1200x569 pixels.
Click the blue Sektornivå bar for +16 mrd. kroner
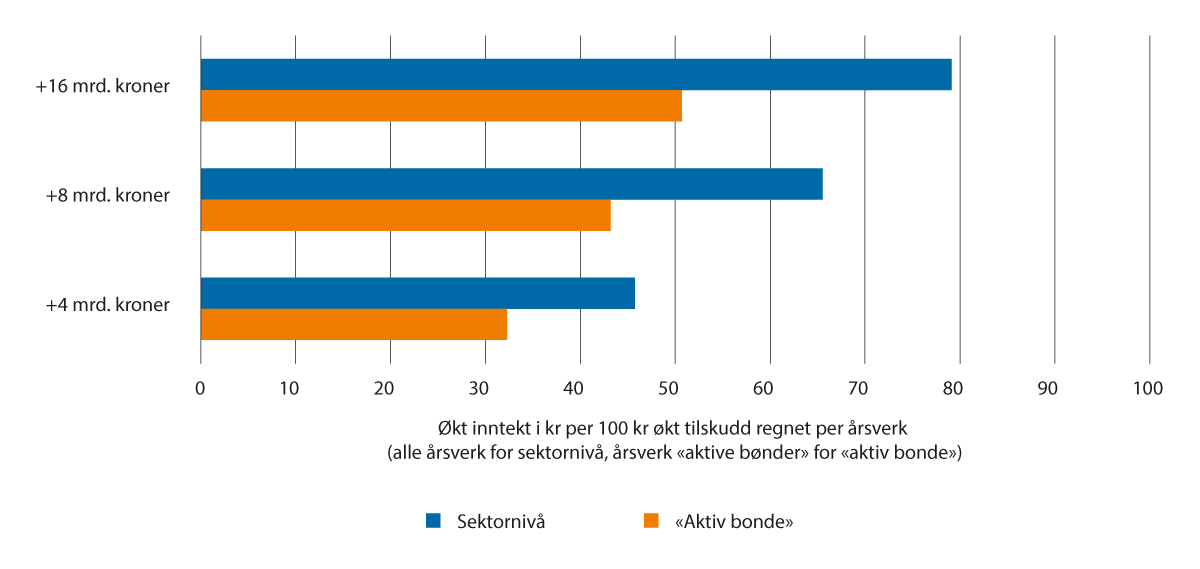click(x=576, y=75)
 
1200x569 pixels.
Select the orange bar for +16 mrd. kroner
click(x=441, y=106)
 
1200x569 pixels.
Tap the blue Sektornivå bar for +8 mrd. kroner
click(x=511, y=184)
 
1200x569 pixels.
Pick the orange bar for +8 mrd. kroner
click(x=405, y=215)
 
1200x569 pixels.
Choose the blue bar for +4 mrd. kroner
click(x=418, y=294)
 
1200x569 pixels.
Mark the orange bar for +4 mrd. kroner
click(x=354, y=325)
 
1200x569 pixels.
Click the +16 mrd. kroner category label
click(x=102, y=86)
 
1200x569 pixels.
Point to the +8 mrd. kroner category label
click(x=107, y=196)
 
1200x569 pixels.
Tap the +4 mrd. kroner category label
click(x=107, y=305)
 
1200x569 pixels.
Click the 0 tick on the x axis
click(x=201, y=389)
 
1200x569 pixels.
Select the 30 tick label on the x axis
click(x=485, y=389)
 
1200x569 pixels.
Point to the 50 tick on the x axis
click(x=675, y=389)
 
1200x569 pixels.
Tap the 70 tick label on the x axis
click(x=865, y=389)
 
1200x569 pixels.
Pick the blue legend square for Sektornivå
click(x=433, y=520)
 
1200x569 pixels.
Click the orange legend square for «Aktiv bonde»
click(x=651, y=520)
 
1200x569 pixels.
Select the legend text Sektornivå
click(x=500, y=521)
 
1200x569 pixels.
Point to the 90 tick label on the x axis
click(x=1055, y=389)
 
